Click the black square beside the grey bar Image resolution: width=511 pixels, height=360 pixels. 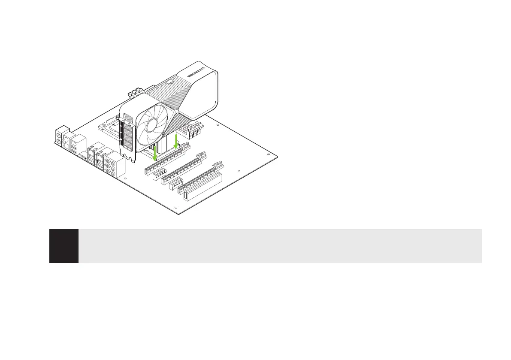[x=64, y=246]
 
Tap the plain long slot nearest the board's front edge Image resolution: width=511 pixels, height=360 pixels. [x=202, y=189]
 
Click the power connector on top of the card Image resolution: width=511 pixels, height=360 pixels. [x=170, y=80]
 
